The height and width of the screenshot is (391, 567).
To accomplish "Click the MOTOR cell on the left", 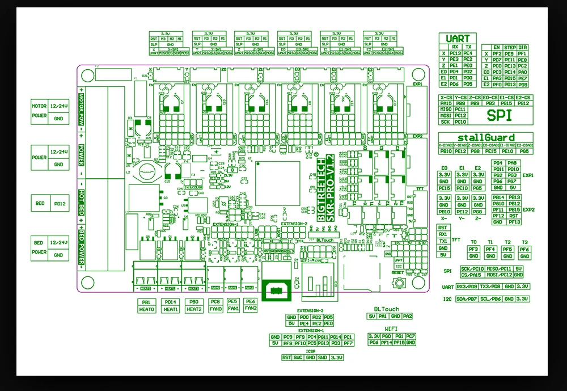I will pyautogui.click(x=39, y=106).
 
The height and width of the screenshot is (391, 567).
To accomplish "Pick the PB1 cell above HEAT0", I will pyautogui.click(x=146, y=302).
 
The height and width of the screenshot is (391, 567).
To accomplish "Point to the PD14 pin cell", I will pyautogui.click(x=171, y=302).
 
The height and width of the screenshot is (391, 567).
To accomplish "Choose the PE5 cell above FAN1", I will pyautogui.click(x=232, y=302).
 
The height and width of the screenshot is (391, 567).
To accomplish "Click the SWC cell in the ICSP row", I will pyautogui.click(x=298, y=358).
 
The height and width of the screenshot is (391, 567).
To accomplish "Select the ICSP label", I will pyautogui.click(x=311, y=351).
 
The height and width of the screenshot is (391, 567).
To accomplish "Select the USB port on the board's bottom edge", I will pyautogui.click(x=276, y=289).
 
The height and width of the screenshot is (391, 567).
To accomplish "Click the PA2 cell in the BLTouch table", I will pyautogui.click(x=408, y=316).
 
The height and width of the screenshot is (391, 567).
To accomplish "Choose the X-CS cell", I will pyautogui.click(x=445, y=98).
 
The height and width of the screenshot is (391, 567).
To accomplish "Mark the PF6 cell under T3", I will pyautogui.click(x=524, y=249).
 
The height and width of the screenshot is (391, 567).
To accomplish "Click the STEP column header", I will pyautogui.click(x=510, y=48).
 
